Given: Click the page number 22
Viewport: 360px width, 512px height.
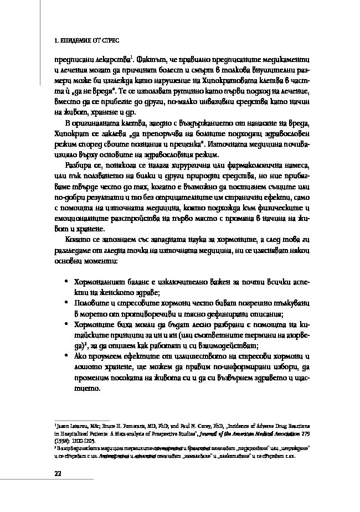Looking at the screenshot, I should (x=57, y=472).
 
